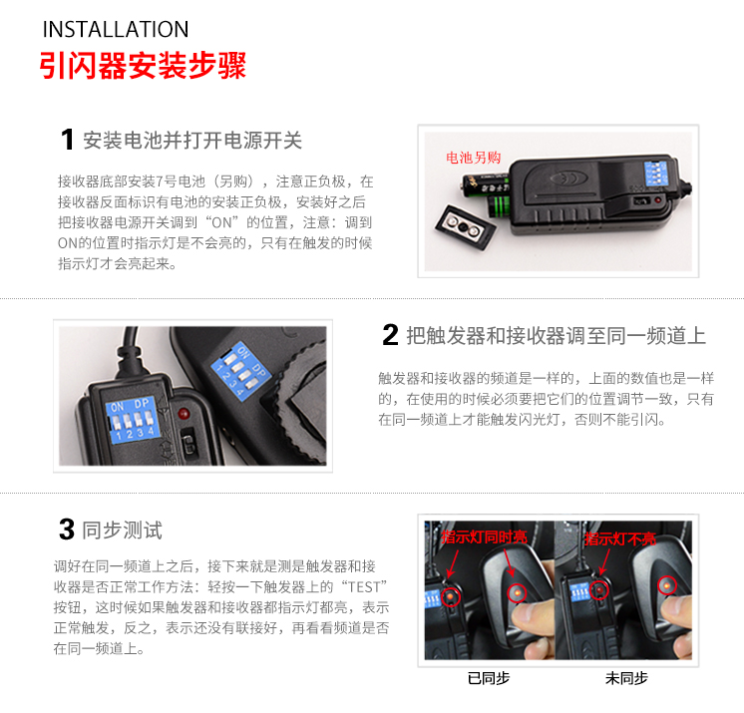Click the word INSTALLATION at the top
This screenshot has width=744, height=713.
(x=116, y=29)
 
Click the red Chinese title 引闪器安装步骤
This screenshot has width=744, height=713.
(x=143, y=66)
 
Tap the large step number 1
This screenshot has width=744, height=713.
(x=68, y=140)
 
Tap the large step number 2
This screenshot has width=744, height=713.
(x=390, y=335)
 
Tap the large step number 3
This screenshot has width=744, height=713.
(x=67, y=530)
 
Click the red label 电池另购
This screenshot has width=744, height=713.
(x=473, y=158)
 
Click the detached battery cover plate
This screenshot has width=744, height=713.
(x=466, y=226)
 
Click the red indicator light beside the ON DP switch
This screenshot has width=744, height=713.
(x=184, y=413)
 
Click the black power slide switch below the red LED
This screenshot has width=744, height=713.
(x=188, y=442)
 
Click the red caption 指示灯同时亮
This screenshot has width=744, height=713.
(x=484, y=537)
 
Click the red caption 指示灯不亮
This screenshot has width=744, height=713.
(x=620, y=538)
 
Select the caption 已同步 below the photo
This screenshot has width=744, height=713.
(x=489, y=678)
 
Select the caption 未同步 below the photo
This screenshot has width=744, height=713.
(x=626, y=678)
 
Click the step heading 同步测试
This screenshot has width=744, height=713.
(x=123, y=530)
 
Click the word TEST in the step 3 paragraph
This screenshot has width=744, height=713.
(x=364, y=587)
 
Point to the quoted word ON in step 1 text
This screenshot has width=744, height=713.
(x=221, y=222)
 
